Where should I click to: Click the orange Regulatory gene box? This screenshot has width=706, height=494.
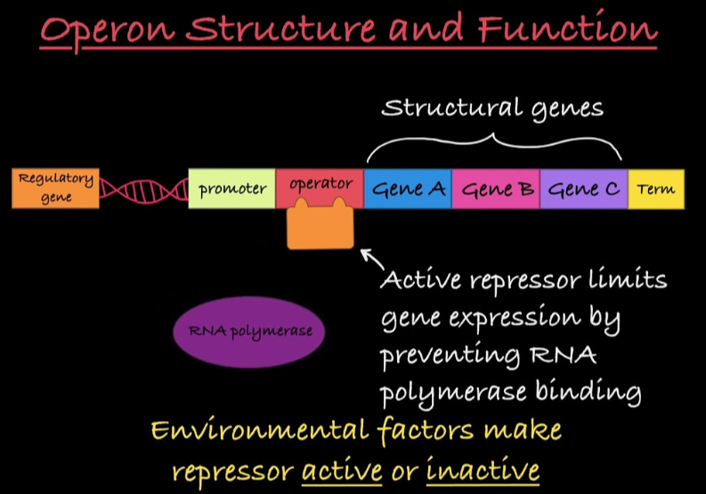(55, 188)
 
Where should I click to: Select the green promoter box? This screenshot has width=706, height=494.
(231, 188)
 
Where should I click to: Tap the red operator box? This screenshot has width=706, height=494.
(321, 185)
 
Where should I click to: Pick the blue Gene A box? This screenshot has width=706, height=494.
(408, 189)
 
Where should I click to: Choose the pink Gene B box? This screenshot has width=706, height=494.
(495, 189)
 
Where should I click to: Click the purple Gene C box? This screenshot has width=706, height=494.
(583, 189)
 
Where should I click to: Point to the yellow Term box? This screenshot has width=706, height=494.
(656, 189)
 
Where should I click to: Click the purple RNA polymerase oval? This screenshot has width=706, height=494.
(250, 331)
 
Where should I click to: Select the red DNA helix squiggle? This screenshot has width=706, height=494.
(143, 189)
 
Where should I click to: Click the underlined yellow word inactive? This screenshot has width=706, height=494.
(483, 469)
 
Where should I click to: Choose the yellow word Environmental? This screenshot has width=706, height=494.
(258, 431)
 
